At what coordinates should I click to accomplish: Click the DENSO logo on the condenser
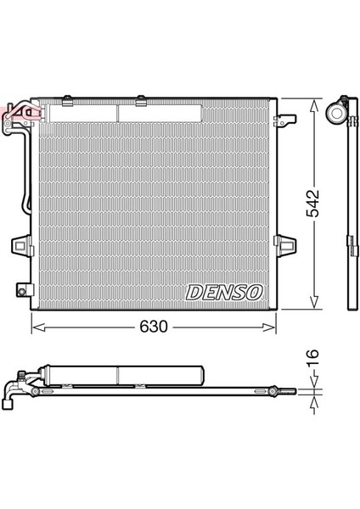point(224,291)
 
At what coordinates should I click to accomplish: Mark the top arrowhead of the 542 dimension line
point(314,103)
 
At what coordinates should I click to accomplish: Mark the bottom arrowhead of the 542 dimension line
point(314,305)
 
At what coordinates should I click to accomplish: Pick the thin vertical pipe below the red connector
point(25,178)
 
